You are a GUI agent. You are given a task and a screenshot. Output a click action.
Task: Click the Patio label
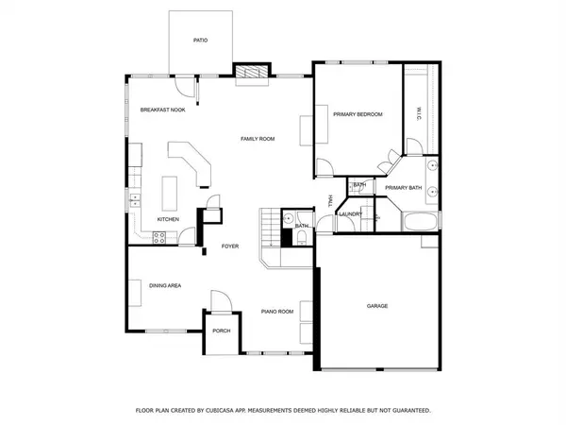tap(200, 41)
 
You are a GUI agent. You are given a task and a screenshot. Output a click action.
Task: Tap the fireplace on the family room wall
tap(248, 72)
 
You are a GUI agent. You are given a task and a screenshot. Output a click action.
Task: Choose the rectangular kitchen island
tap(172, 193)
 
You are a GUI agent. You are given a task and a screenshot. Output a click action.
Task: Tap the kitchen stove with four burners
tap(138, 237)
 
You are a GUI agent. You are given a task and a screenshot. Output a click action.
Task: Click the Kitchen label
tap(168, 219)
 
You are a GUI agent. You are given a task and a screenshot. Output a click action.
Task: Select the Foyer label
tap(229, 246)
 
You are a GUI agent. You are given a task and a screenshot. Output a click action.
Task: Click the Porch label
tap(222, 331)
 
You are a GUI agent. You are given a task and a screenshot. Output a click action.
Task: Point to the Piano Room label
tap(277, 311)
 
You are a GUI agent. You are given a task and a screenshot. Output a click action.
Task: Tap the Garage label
tap(377, 306)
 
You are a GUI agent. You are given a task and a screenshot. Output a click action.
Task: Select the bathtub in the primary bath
tap(420, 224)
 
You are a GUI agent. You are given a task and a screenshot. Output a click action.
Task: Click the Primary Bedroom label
tap(358, 114)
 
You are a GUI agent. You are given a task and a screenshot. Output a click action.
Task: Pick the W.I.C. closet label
tap(418, 115)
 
